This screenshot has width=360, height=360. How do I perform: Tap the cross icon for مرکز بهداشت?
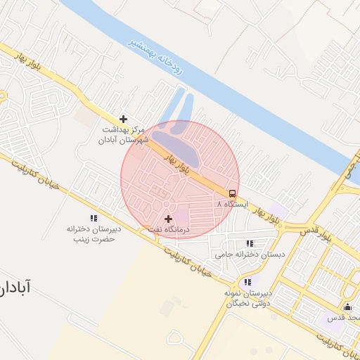point(124,119)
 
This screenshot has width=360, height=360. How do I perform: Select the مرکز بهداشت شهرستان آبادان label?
point(124,135)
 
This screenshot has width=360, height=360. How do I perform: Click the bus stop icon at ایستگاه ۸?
point(231,193)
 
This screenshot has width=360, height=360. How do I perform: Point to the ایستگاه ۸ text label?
point(233,203)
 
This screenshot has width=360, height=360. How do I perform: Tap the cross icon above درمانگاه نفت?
point(168,219)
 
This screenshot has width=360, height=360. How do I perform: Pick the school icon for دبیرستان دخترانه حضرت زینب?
point(94,219)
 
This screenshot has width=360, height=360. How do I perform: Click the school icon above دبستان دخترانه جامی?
point(250,243)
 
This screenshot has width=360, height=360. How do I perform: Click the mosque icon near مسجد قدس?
point(347,307)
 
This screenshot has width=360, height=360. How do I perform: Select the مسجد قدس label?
point(344,318)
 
